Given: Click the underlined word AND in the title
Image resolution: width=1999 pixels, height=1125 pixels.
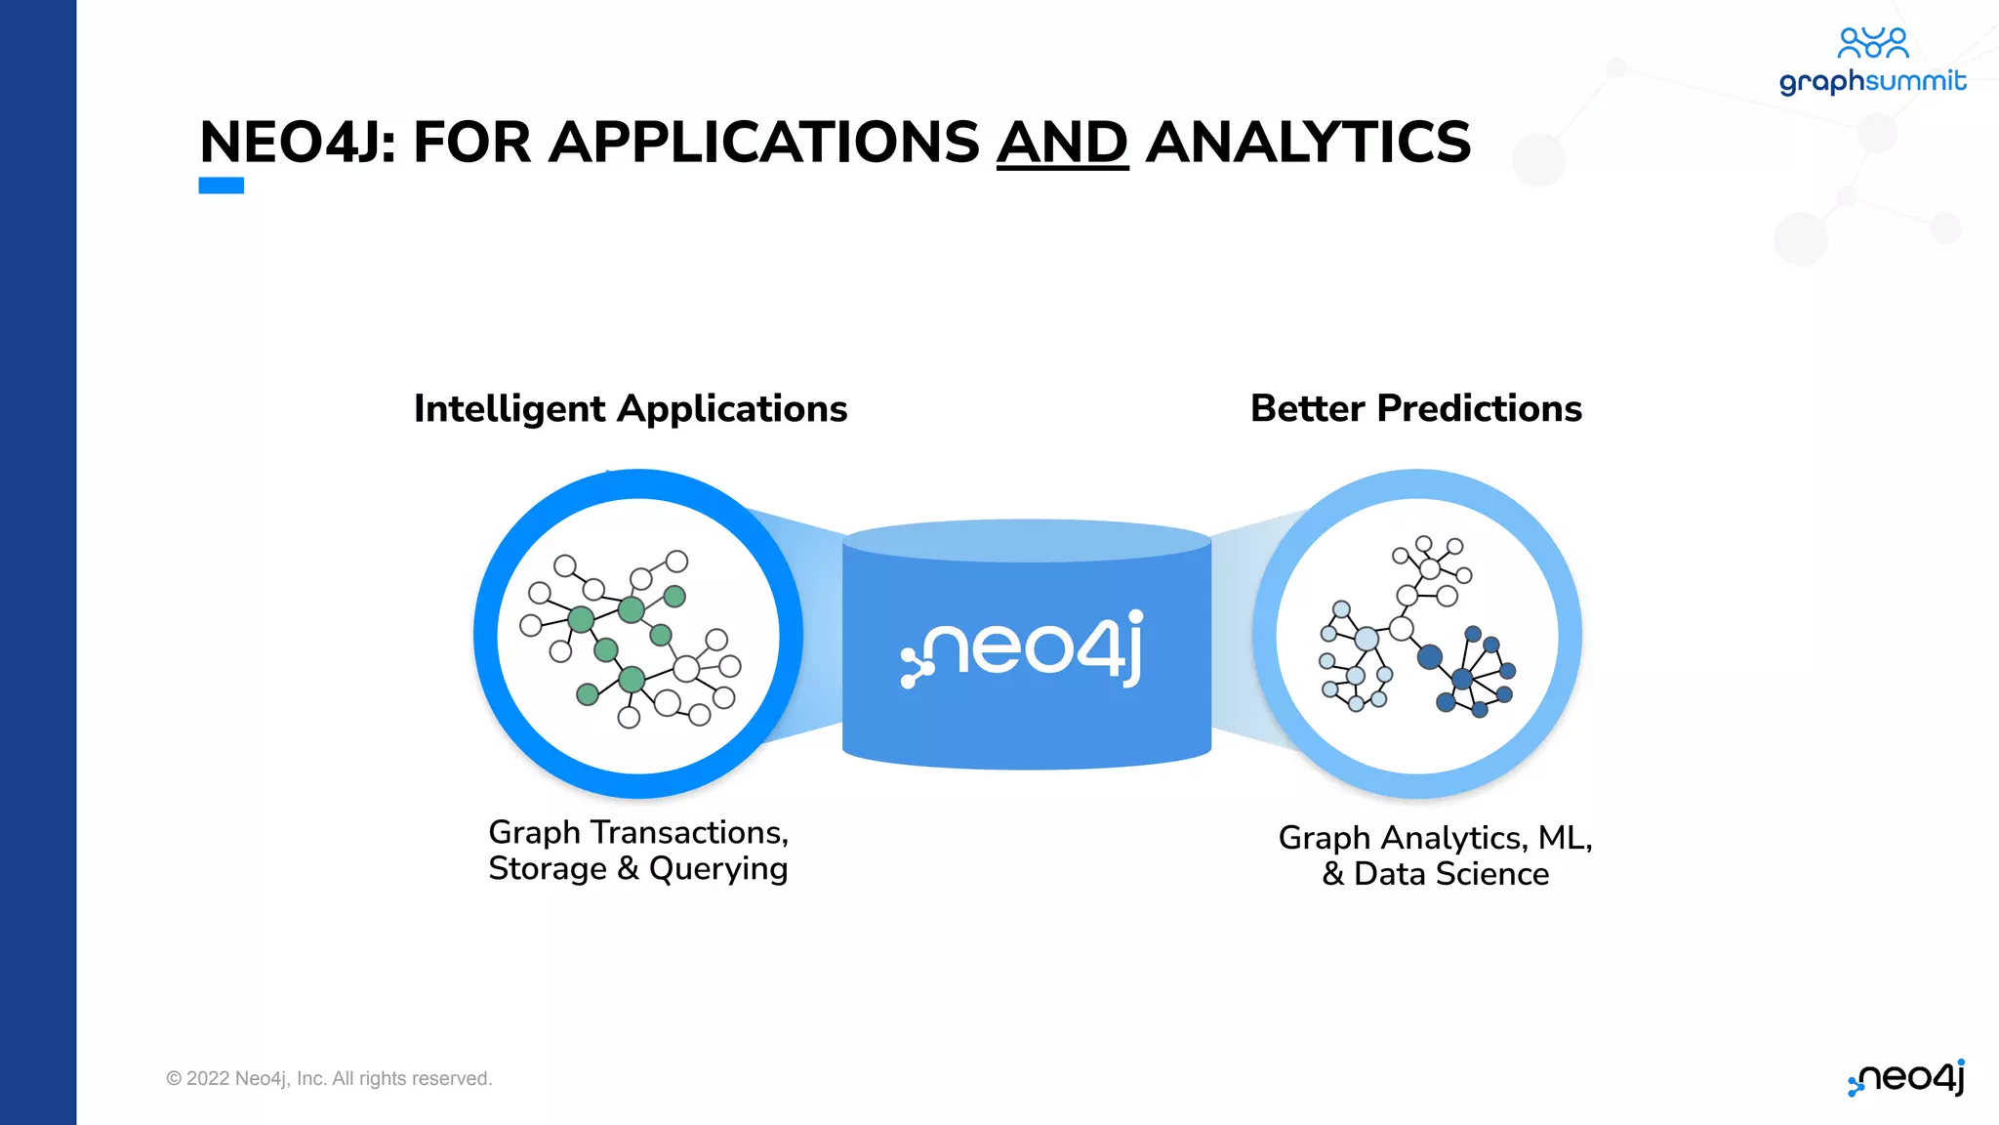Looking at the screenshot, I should pyautogui.click(x=1062, y=143).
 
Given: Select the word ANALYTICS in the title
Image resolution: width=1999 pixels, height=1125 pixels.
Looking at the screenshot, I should pyautogui.click(x=1308, y=143).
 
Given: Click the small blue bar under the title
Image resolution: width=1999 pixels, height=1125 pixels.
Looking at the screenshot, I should pyautogui.click(x=222, y=186).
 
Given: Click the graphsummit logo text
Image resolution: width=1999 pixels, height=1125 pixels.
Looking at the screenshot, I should pyautogui.click(x=1872, y=81).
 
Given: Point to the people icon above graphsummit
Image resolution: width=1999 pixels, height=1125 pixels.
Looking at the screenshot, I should pyautogui.click(x=1872, y=42).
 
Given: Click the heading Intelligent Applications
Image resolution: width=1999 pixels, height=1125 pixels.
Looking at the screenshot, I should pyautogui.click(x=631, y=408).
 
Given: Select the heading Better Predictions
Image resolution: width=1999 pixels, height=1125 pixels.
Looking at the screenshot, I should pyautogui.click(x=1415, y=408).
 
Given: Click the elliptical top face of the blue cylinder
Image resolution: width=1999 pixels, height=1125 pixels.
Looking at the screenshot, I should pyautogui.click(x=1027, y=540).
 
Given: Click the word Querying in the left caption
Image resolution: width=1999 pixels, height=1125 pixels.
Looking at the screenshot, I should pyautogui.click(x=718, y=869).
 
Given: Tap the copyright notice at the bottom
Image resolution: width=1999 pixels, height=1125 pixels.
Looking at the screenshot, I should pyautogui.click(x=329, y=1078).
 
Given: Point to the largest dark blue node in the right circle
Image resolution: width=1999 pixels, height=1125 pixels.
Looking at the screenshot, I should pyautogui.click(x=1430, y=657).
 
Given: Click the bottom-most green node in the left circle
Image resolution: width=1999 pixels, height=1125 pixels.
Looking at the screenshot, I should pyautogui.click(x=588, y=694).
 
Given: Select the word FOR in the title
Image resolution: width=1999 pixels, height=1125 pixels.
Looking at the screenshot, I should pyautogui.click(x=471, y=143).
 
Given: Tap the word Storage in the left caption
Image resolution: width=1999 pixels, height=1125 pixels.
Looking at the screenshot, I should pyautogui.click(x=548, y=869).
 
